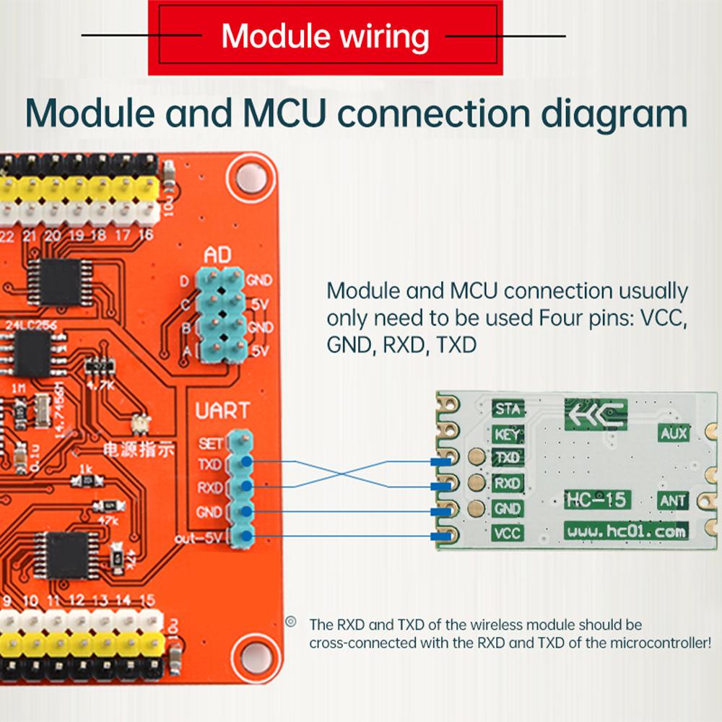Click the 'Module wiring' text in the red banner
click(x=325, y=35)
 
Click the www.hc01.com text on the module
click(x=625, y=531)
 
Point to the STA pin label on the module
click(x=508, y=409)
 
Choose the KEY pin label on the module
click(x=508, y=434)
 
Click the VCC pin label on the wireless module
click(x=508, y=534)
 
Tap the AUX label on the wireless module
click(x=672, y=433)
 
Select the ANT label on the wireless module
click(x=672, y=500)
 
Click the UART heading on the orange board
click(x=222, y=412)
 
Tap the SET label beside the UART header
click(x=211, y=443)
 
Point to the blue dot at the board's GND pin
click(x=246, y=511)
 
